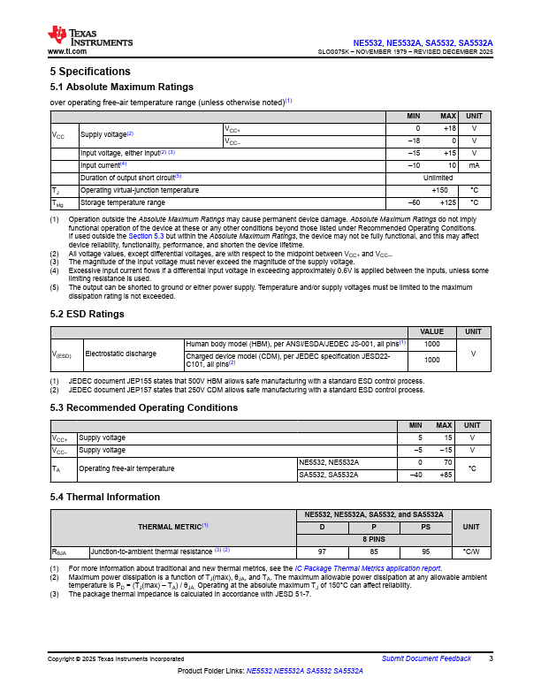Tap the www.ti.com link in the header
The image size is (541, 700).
67,52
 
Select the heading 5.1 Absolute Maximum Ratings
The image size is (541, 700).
121,87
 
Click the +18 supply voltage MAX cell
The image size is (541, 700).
448,128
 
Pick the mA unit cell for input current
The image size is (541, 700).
474,165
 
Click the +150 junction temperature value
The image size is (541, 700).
438,190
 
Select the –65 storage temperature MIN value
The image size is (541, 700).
413,202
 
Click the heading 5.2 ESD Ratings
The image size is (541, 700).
87,314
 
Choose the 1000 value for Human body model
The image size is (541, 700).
432,343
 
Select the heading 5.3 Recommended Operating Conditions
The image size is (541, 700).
143,407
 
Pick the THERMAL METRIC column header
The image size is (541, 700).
172,526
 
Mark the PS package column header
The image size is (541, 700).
426,527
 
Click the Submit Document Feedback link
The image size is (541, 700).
426,659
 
